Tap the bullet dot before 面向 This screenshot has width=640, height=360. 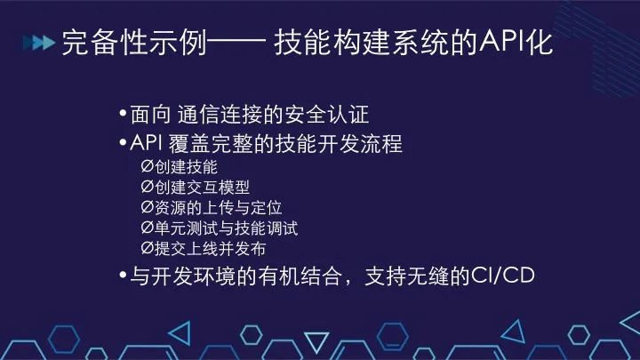tap(123, 116)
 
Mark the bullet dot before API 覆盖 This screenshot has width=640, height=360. tap(123, 143)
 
